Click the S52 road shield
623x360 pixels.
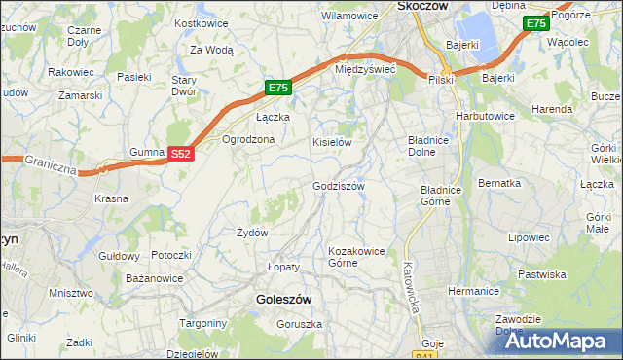[180, 154]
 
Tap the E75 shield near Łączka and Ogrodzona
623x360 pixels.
[278, 88]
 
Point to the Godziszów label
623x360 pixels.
[338, 186]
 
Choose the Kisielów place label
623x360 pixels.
[331, 142]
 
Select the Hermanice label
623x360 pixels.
[473, 291]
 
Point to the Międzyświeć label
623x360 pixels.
[364, 70]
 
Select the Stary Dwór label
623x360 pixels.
[184, 87]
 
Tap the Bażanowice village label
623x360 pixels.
[155, 279]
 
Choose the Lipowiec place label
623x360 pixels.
[529, 236]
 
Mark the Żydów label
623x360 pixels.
[252, 233]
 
